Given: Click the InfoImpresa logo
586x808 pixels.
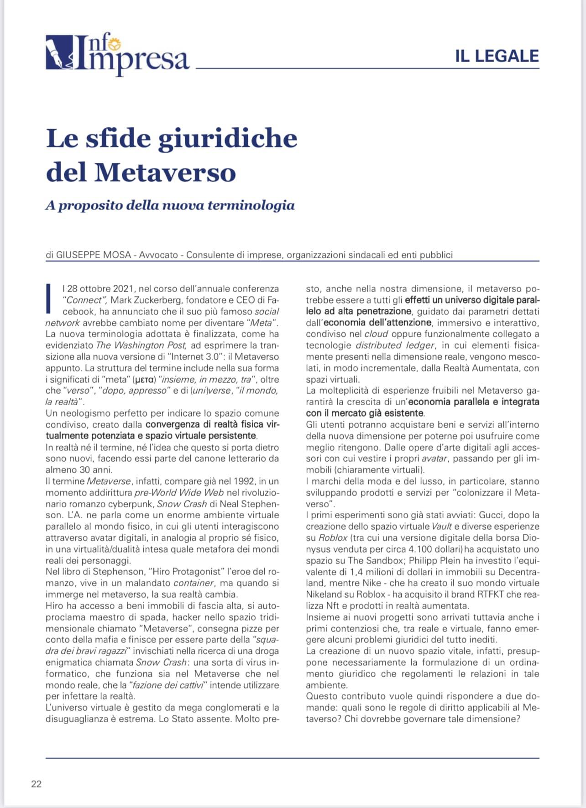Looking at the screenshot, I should tap(117, 55).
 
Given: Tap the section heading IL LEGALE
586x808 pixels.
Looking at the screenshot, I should tap(497, 56).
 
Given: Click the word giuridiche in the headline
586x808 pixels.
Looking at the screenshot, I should tap(227, 139).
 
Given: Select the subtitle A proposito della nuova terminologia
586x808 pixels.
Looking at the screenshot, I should tap(170, 205).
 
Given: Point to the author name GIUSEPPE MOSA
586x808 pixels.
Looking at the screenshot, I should tap(94, 255).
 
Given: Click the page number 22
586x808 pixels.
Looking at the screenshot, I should tap(36, 784).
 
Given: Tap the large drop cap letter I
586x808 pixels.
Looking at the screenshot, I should tap(48, 299).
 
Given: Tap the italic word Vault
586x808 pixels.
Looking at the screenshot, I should tap(442, 527).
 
